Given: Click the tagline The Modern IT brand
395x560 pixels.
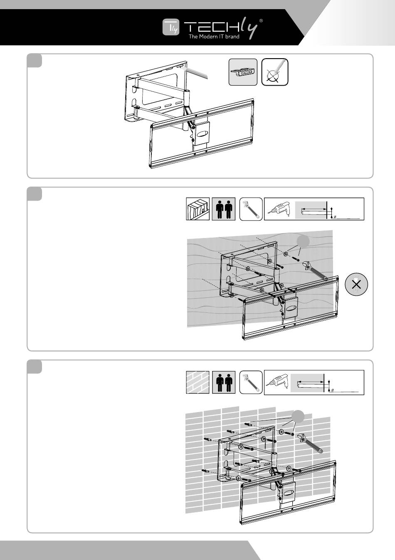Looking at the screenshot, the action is (214, 37).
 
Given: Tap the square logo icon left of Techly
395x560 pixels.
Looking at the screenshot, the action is (171, 27).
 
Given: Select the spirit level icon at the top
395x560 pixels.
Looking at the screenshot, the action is (243, 72).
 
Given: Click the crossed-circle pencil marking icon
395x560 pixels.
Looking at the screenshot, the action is (275, 72).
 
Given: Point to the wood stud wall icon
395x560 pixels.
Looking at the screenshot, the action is (197, 209).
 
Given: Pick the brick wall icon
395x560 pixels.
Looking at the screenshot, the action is (197, 382).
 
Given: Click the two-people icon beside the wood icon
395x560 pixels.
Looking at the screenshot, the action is (224, 209).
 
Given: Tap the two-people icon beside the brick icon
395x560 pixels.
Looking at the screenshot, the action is (224, 382).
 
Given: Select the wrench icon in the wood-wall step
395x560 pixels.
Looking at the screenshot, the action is (251, 209).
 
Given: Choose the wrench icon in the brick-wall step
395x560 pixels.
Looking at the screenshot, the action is (251, 382).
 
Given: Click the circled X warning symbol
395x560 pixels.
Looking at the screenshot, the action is (356, 285).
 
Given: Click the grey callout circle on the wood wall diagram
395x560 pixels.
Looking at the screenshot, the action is (303, 241).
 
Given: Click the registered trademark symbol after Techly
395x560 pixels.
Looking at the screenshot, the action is (261, 21).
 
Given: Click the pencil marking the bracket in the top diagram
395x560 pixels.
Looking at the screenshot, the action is (195, 73).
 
